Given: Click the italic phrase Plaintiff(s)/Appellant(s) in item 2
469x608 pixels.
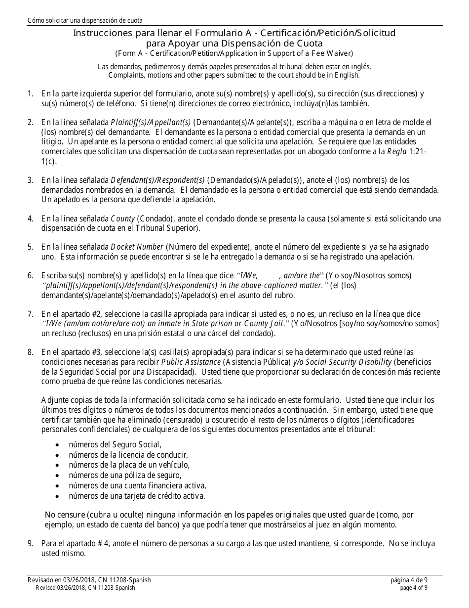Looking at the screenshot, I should pos(151,122).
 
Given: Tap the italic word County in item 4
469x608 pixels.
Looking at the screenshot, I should pos(123,218).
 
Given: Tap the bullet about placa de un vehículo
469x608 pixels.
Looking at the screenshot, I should pos(129,465).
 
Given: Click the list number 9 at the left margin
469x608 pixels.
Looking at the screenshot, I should pos(31,543).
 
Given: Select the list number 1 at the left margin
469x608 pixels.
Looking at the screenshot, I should pos(31,93).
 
